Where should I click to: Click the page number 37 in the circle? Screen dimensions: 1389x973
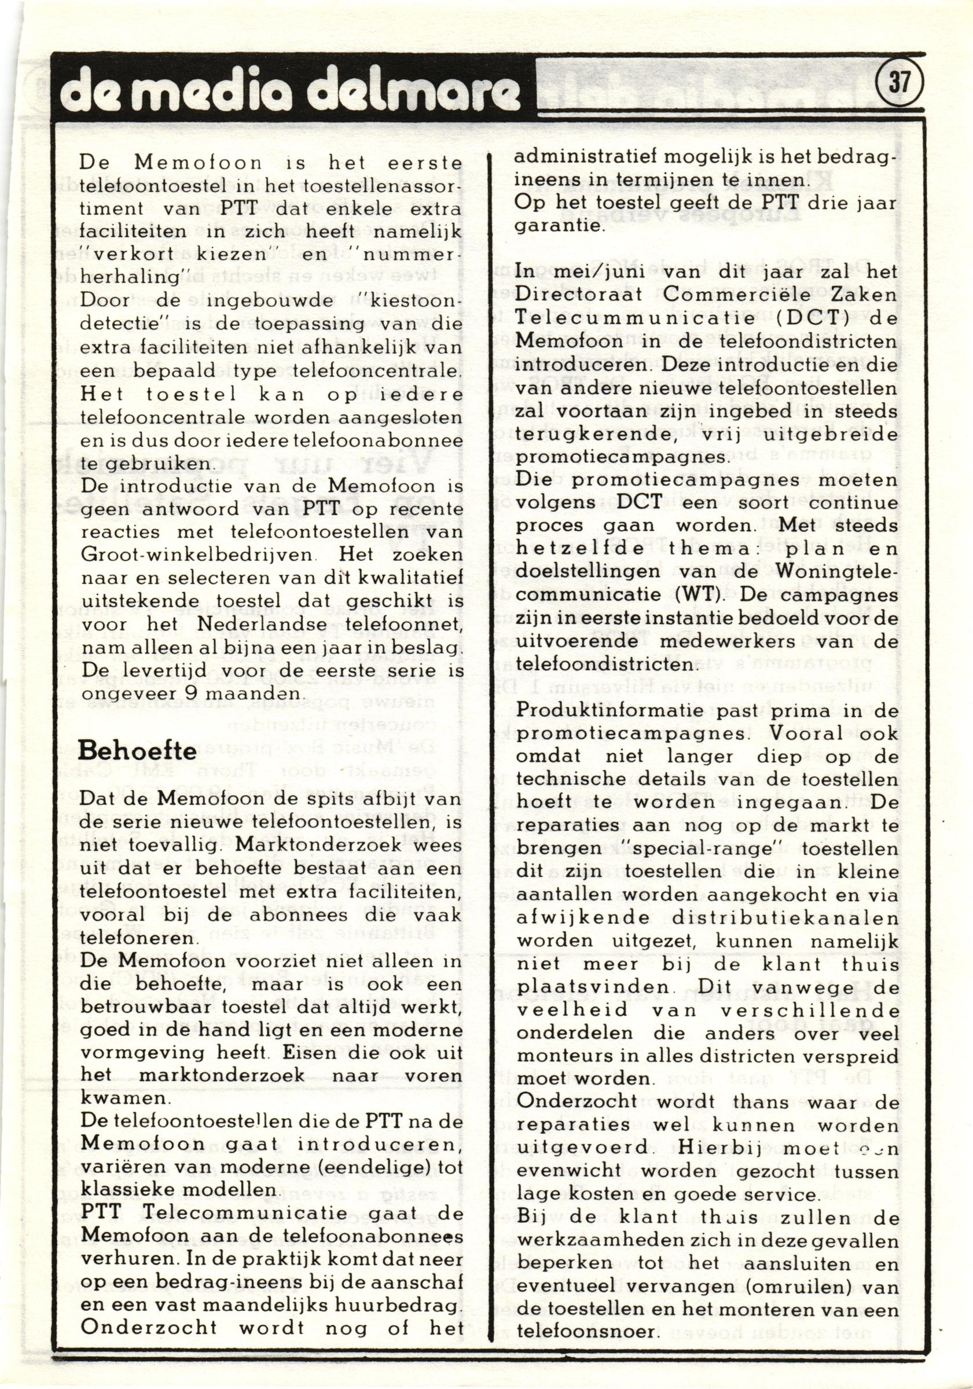[899, 81]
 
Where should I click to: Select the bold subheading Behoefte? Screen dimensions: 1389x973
[138, 751]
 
